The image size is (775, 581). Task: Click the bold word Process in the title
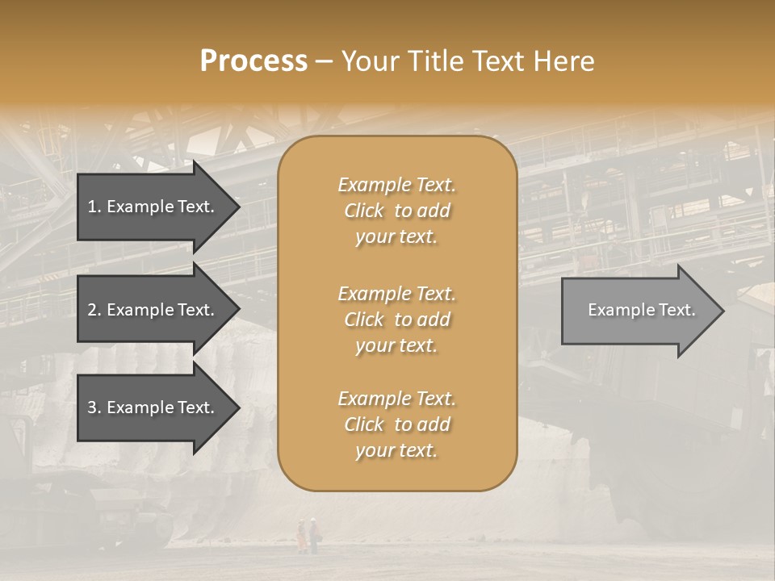(x=253, y=61)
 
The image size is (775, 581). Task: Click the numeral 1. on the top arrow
(x=94, y=207)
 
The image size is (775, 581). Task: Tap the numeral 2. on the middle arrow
(x=94, y=310)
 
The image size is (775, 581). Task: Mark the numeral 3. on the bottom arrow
(x=94, y=408)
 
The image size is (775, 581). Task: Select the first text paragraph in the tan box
(x=396, y=211)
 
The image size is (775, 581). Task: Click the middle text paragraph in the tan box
(x=396, y=320)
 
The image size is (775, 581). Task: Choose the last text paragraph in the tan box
(x=396, y=424)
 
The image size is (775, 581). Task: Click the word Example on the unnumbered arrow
(x=616, y=310)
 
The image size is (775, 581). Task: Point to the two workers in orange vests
(x=307, y=533)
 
